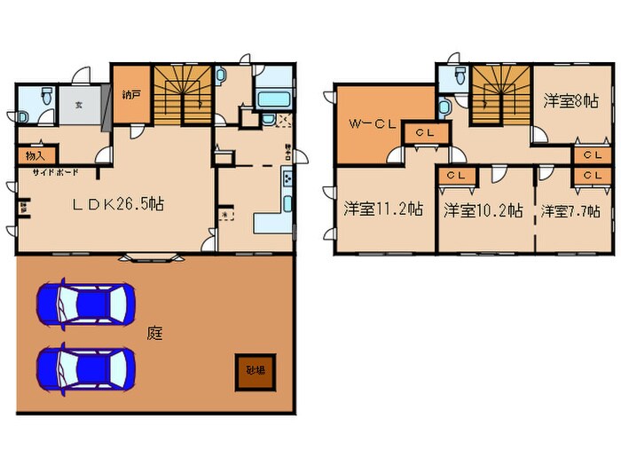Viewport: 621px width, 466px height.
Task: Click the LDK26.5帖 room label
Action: pyautogui.click(x=117, y=203)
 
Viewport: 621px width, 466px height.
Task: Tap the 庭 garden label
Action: pyautogui.click(x=155, y=334)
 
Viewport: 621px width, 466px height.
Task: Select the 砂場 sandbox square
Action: pyautogui.click(x=255, y=371)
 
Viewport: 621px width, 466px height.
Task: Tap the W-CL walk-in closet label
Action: pyautogui.click(x=370, y=124)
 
